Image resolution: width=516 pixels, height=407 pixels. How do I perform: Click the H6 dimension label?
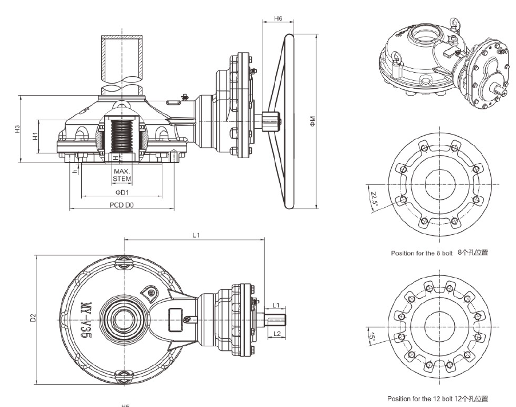[x=278, y=18]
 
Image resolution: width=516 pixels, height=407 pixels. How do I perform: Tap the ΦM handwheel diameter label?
[x=312, y=121]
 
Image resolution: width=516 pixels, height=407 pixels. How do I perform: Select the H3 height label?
[x=18, y=129]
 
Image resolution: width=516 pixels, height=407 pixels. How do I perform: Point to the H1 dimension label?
[x=35, y=136]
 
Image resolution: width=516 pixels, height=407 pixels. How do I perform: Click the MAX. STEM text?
[x=122, y=175]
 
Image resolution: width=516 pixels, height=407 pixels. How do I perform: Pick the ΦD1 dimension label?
[x=122, y=192]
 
